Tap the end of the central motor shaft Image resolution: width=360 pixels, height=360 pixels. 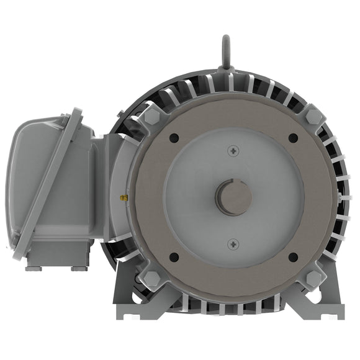[x=233, y=197]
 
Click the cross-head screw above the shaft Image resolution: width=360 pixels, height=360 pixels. [x=233, y=150]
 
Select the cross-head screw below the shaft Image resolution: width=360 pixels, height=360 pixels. [x=233, y=243]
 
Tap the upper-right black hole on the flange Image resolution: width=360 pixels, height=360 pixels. [x=293, y=138]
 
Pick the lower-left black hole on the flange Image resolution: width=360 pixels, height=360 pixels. [x=174, y=256]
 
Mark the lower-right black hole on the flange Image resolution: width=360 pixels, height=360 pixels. [x=293, y=256]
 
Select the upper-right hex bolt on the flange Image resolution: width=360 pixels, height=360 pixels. [x=313, y=116]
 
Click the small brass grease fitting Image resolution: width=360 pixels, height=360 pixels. [x=124, y=198]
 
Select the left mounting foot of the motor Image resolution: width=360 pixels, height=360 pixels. [x=133, y=307]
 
